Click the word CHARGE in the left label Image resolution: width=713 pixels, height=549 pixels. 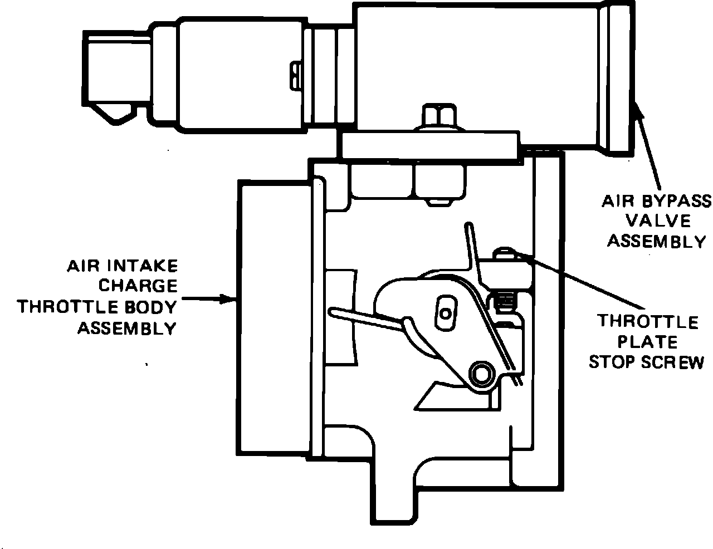[138, 286]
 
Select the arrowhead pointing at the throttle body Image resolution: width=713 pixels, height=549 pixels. [232, 299]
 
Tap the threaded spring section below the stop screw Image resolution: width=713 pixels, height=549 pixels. [504, 303]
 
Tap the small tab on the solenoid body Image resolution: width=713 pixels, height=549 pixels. [295, 75]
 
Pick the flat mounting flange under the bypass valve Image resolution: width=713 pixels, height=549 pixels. [429, 145]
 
